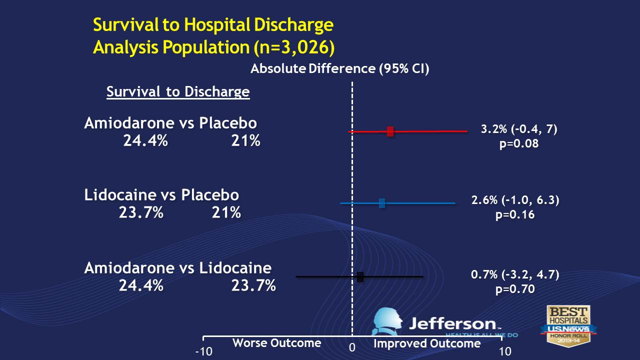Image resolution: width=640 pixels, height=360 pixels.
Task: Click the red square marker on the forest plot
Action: pyautogui.click(x=390, y=131)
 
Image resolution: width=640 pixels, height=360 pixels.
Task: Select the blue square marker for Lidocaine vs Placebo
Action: pyautogui.click(x=382, y=203)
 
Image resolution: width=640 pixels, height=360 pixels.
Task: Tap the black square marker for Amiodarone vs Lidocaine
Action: pyautogui.click(x=360, y=276)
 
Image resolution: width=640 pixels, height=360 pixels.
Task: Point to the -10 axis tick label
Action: pyautogui.click(x=203, y=351)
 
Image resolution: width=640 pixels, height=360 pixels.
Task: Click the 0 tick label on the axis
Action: pyautogui.click(x=352, y=347)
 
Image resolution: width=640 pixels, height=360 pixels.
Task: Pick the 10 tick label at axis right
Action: pyautogui.click(x=505, y=351)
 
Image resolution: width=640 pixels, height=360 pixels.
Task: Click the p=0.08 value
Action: pyautogui.click(x=518, y=143)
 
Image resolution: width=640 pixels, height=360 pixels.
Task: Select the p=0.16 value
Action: pyautogui.click(x=515, y=215)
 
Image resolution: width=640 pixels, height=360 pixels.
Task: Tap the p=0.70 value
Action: pyautogui.click(x=515, y=288)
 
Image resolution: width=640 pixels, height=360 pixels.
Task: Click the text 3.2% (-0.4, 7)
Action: pyautogui.click(x=518, y=129)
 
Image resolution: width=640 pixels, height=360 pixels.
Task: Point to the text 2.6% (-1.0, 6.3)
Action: pyautogui.click(x=515, y=200)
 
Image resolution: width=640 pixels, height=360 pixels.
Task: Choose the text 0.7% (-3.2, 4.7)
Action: pyautogui.click(x=515, y=274)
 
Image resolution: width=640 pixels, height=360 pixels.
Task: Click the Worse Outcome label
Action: pyautogui.click(x=276, y=343)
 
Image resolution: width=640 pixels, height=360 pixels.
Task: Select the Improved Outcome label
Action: pyautogui.click(x=427, y=343)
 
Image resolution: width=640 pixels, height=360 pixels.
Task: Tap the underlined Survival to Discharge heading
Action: pyautogui.click(x=178, y=92)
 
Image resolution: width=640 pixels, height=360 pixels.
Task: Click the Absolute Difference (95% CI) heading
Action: pyautogui.click(x=339, y=69)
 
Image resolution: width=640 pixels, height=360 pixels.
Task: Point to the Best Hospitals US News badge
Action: pyautogui.click(x=568, y=324)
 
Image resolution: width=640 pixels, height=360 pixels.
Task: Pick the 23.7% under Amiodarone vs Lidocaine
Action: pyautogui.click(x=253, y=286)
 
